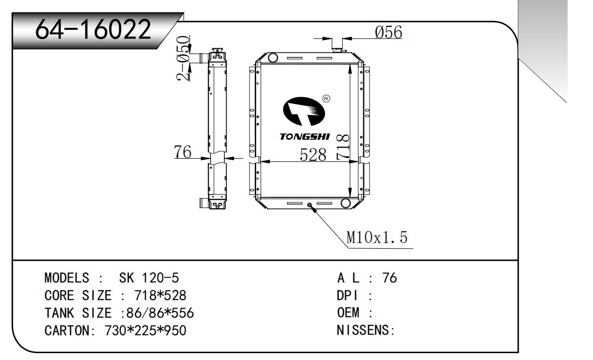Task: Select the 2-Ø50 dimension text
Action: coord(184,58)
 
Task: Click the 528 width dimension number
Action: coord(312,155)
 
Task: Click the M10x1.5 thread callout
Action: coord(376,238)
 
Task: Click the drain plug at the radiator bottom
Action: coord(309,206)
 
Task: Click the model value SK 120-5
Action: coord(149,278)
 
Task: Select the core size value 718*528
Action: coord(154,296)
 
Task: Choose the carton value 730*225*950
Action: coord(145,331)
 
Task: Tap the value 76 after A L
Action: coord(390,278)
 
